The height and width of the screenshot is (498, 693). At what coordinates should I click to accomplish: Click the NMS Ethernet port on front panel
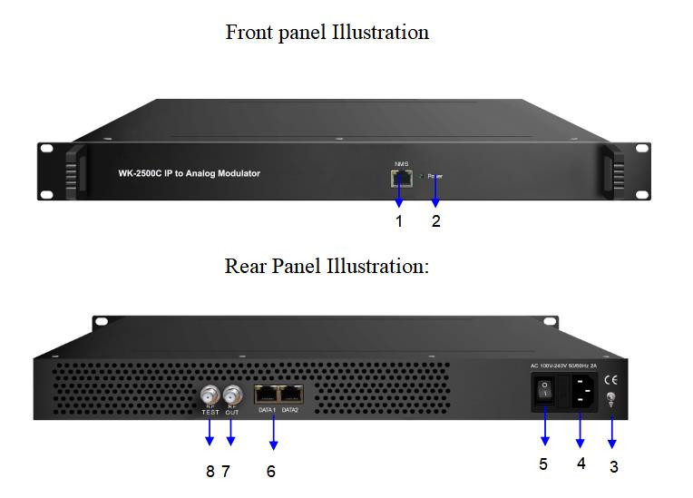400,178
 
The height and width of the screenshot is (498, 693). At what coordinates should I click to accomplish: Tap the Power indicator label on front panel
435,176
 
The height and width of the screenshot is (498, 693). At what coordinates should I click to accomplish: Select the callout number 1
398,221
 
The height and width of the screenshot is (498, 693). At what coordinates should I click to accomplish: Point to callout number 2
436,221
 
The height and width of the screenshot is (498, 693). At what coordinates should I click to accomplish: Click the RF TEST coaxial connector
210,395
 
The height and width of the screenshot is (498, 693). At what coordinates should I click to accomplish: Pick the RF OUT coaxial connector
233,395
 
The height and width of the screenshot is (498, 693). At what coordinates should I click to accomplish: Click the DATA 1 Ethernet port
268,395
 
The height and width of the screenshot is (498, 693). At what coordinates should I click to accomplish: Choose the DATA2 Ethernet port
291,395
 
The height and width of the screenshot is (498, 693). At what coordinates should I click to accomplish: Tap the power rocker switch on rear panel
544,391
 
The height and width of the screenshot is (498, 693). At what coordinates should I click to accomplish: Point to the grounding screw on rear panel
611,399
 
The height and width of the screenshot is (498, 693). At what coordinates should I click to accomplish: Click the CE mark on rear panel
611,380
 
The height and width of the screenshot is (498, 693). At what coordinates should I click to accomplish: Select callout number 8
210,471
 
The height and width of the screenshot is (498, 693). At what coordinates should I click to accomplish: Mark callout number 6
270,472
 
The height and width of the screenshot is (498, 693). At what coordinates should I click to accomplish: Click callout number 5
544,465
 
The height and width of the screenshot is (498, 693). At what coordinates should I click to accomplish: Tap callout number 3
614,467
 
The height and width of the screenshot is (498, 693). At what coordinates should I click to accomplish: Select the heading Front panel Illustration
327,33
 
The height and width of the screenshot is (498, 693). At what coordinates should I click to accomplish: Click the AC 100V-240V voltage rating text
571,366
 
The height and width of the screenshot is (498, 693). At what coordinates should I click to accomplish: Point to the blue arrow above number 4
581,432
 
